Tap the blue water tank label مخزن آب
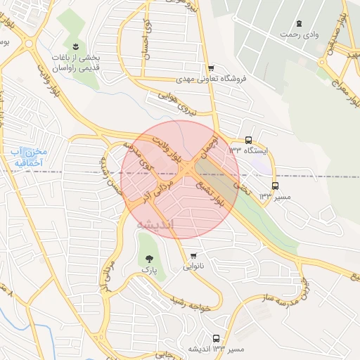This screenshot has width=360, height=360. coord(28,157)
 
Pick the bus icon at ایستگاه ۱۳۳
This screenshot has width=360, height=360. coord(249,140)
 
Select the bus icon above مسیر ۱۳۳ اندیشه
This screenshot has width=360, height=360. coord(215,338)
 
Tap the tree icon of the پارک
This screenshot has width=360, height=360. coord(148,259)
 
